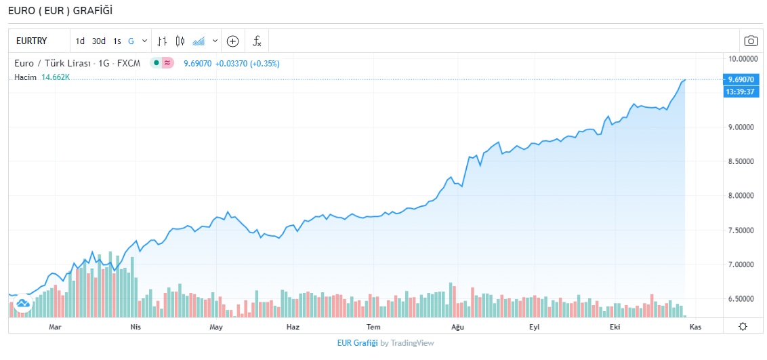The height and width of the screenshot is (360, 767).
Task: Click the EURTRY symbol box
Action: point(31,41)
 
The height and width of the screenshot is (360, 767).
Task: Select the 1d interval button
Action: point(80,41)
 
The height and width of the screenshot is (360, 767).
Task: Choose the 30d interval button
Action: point(99,41)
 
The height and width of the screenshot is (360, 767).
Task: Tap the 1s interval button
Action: point(117,41)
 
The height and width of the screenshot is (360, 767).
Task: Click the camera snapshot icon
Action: point(750,41)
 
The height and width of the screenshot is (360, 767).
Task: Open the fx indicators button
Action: point(257,41)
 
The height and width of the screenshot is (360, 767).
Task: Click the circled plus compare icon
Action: point(232,41)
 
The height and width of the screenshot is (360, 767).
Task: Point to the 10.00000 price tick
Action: point(741,58)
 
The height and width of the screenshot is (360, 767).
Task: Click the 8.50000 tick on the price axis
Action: point(741,161)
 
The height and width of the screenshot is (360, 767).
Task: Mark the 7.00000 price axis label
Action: point(741,264)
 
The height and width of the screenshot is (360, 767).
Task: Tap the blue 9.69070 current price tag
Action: point(741,79)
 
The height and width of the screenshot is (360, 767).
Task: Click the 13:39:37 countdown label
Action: point(741,92)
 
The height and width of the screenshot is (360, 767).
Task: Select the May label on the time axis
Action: point(216,327)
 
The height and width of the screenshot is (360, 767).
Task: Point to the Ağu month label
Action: point(457,327)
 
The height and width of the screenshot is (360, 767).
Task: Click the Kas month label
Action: point(695,327)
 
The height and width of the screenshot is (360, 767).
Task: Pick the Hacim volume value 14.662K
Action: point(56,77)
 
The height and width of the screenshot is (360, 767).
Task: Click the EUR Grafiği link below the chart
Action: point(357,343)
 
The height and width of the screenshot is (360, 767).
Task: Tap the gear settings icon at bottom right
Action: point(743,327)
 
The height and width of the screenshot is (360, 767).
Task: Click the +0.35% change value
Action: point(265,64)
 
